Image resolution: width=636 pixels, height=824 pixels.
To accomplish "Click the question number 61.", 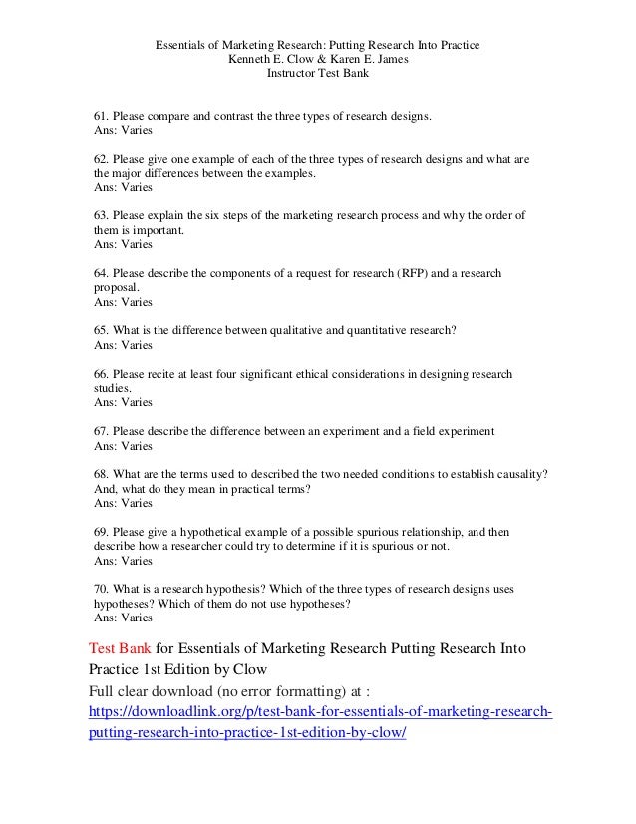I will [101, 117].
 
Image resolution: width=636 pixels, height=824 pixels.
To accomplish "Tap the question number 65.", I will [101, 330].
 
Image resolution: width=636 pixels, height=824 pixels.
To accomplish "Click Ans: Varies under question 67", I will [123, 446].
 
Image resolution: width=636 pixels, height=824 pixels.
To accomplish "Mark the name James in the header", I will [387, 59].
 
